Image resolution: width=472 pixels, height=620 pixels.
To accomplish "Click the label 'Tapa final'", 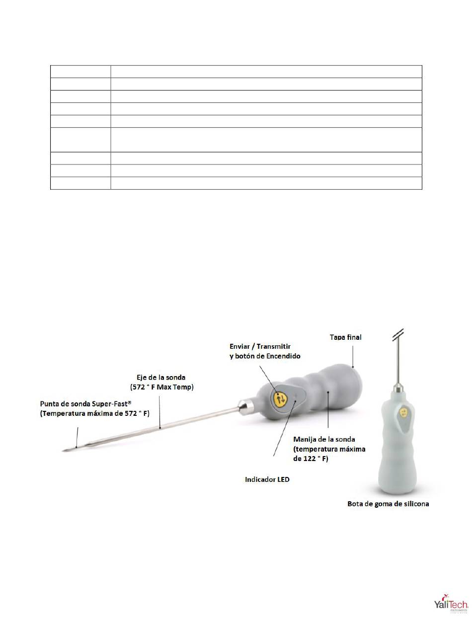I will point(346,337).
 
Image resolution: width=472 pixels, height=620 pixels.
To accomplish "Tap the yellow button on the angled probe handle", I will point(280,398).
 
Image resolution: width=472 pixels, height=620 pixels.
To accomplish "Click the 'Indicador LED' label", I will point(267,479).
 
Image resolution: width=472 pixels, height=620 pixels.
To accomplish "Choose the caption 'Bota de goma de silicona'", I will point(388,504).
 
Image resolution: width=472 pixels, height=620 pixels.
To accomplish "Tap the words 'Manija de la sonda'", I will point(324,439).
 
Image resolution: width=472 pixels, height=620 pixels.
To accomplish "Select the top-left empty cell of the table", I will point(80,71).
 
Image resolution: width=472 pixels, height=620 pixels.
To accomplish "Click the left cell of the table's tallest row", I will point(80,140).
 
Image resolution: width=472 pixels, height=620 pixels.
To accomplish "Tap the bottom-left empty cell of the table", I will point(80,183).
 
